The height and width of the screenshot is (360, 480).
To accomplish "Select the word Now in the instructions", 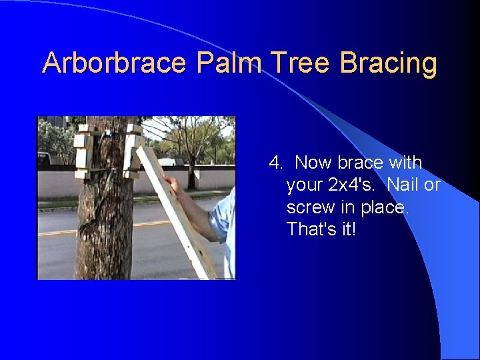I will [313, 163].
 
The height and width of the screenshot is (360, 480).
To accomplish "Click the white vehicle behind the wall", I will [171, 161].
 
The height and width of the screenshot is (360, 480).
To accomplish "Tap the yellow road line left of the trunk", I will [57, 233].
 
